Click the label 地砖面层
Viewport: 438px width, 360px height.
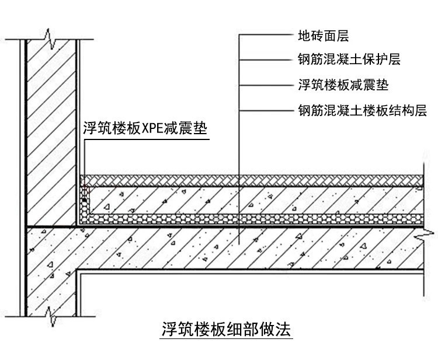(323, 36)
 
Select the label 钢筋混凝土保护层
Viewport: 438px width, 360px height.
(349, 59)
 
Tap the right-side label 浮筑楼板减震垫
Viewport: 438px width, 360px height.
(343, 85)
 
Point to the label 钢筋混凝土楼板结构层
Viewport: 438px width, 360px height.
(362, 110)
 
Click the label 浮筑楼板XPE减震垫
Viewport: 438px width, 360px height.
(145, 128)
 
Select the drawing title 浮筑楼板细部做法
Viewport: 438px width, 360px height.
(226, 329)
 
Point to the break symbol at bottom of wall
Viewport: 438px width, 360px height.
(51, 317)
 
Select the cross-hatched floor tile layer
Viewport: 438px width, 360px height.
(251, 181)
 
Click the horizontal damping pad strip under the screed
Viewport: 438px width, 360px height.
(256, 219)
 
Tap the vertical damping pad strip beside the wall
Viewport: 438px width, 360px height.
(84, 205)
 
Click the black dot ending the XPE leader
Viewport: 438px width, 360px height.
(84, 200)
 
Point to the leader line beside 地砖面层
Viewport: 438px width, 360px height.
(266, 35)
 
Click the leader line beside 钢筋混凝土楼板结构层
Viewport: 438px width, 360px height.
(266, 111)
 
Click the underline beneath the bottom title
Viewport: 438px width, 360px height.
(226, 339)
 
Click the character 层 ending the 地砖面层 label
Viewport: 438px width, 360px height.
(343, 36)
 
